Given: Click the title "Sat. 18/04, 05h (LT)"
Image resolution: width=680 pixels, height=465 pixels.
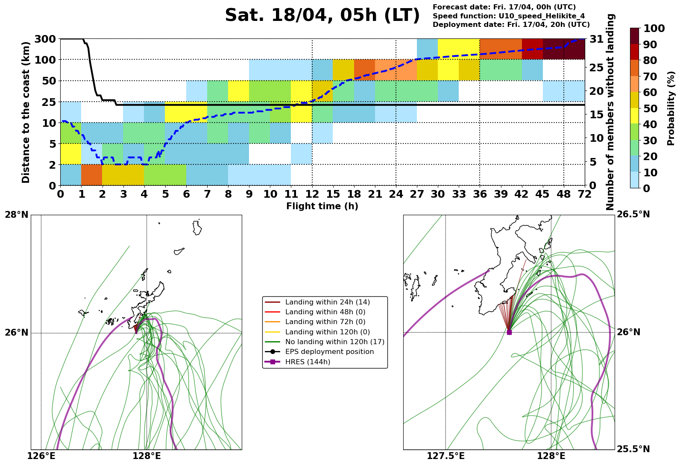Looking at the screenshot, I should tap(322, 16).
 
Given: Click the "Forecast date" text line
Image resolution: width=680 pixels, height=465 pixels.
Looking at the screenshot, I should tap(504, 7).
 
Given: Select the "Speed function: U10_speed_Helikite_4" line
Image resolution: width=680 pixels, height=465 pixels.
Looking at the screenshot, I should tap(509, 16).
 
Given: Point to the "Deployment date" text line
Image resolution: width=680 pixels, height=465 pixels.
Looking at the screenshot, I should tap(511, 25).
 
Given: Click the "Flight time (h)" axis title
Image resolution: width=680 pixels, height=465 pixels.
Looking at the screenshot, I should tap(322, 207).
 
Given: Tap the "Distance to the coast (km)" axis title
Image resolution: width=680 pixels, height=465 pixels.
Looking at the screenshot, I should tap(26, 112).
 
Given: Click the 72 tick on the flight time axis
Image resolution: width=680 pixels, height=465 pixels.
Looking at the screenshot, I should tap(584, 194).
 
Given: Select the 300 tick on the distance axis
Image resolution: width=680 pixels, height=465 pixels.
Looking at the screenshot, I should tap(44, 39).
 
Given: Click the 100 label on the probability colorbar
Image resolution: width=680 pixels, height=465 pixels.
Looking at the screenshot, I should tap(654, 29).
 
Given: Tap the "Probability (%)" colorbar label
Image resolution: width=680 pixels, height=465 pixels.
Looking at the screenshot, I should tap(671, 108).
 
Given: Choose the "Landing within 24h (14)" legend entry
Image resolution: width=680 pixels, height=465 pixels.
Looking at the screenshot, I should tap(327, 302).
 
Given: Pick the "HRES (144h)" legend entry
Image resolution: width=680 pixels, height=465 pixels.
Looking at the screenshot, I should tap(308, 362).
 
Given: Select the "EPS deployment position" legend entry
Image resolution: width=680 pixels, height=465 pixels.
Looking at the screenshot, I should tap(329, 352).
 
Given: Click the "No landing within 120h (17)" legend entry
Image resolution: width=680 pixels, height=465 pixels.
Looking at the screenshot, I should tap(334, 342).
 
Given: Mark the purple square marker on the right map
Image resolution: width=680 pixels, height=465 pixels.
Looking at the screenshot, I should tap(509, 332).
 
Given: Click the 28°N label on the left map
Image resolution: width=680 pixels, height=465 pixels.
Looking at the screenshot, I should tap(17, 215).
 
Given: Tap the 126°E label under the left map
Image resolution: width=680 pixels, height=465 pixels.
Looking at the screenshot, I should tap(41, 456).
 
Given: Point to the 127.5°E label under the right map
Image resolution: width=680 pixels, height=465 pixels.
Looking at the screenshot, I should tap(446, 456).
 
